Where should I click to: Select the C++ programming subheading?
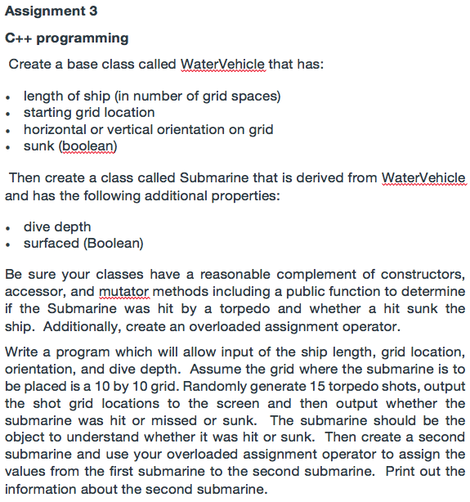(67, 38)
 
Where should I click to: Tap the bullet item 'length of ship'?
(151, 96)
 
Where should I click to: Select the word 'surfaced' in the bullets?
(52, 243)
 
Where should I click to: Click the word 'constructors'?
(425, 274)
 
